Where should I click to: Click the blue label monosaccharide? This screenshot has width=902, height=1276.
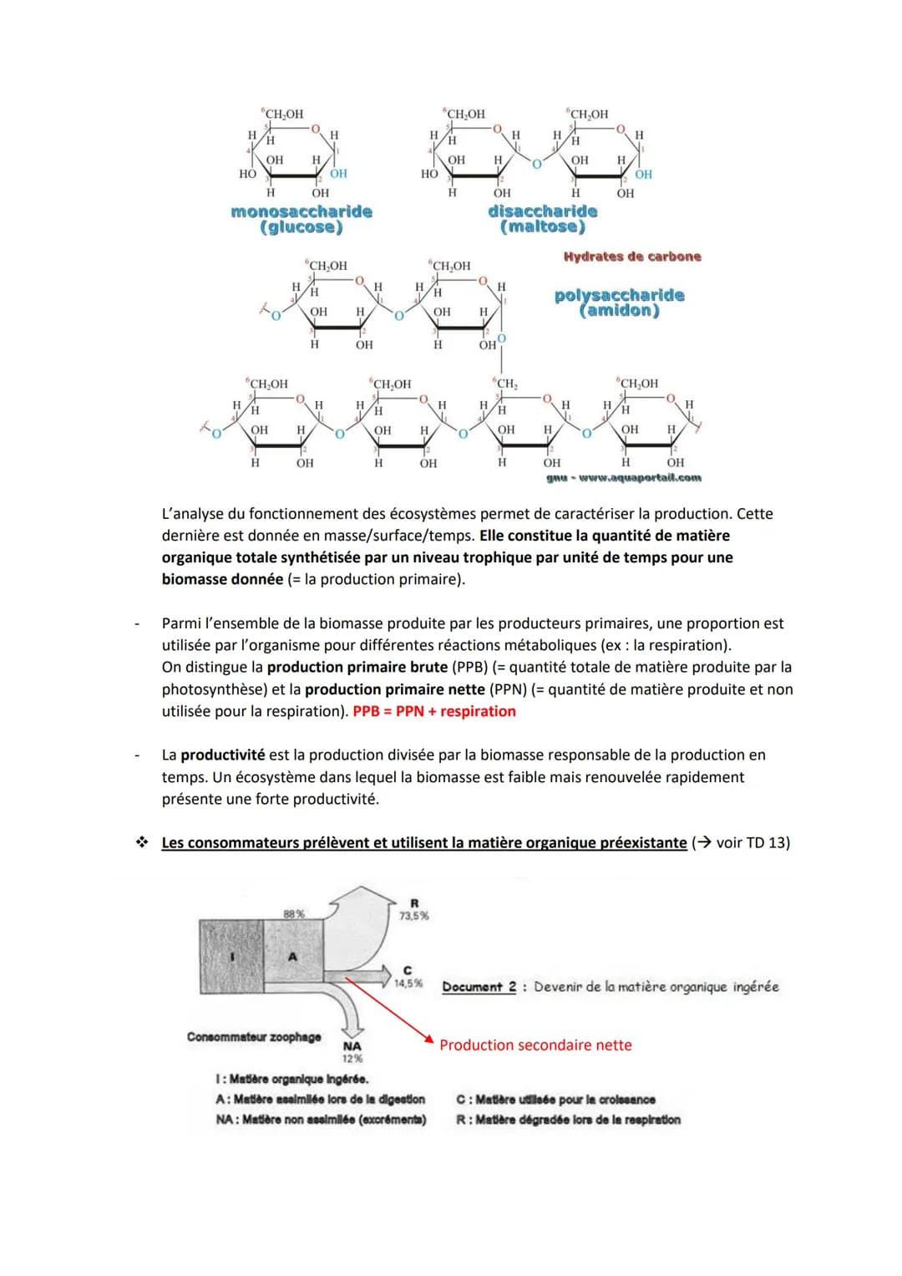coord(302,211)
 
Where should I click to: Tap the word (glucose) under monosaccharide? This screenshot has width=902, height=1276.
coord(302,227)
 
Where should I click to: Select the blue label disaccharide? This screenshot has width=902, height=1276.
coord(543,211)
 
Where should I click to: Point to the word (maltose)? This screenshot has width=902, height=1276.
coord(543,226)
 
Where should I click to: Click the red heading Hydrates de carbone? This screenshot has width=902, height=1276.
coord(632,257)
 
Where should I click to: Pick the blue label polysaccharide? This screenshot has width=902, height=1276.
coord(619,295)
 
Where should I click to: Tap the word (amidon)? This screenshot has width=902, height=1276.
coord(619,311)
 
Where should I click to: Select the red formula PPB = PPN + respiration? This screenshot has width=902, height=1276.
coord(434,711)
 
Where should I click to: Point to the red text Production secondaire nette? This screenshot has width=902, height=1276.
coord(535,1045)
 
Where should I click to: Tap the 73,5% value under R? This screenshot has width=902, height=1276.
coord(413,916)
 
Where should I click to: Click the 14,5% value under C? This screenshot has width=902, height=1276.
coord(408,984)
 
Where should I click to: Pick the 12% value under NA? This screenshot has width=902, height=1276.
coord(352,1059)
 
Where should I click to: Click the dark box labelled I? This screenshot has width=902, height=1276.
coord(231,956)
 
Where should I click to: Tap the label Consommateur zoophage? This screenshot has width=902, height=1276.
coord(254,1037)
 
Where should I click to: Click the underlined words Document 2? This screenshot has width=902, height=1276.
coord(479,987)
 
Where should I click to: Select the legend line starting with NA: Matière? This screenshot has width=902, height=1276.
coord(321,1120)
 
